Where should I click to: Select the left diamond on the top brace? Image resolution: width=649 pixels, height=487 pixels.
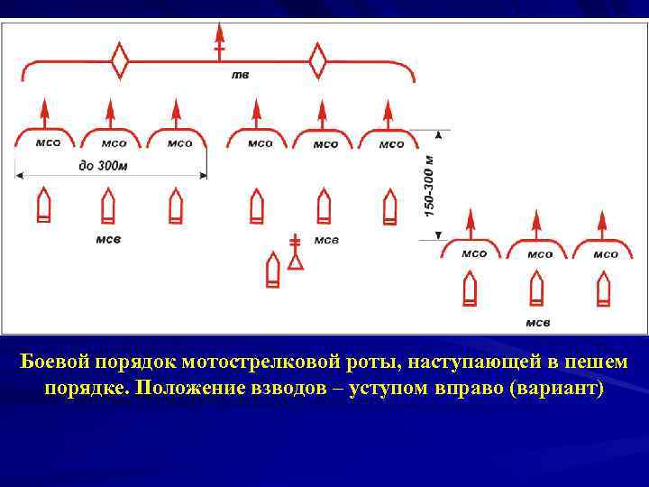[x=120, y=62]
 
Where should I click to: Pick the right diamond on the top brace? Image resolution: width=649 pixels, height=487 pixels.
[x=317, y=62]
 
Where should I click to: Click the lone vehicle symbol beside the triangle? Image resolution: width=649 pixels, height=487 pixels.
[x=273, y=271]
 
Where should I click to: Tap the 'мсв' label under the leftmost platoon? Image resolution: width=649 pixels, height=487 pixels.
[x=108, y=239]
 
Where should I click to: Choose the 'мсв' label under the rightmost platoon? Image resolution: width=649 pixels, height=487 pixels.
[x=538, y=322]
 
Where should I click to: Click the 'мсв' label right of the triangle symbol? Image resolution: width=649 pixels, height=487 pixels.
[x=325, y=240]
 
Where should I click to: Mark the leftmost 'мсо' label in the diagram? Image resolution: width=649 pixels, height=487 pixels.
[x=49, y=143]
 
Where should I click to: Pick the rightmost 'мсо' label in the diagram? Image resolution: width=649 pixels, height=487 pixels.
[x=606, y=254]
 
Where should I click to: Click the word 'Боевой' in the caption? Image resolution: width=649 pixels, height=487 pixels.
[x=54, y=363]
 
